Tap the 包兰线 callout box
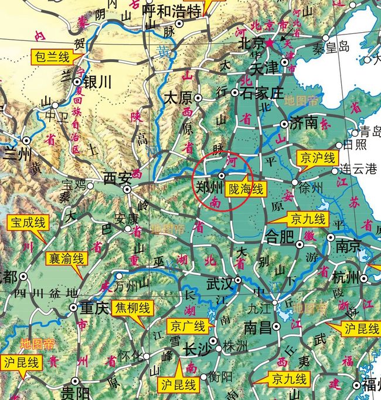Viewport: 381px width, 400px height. point(51,57)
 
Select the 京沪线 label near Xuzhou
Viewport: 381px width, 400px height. point(317,158)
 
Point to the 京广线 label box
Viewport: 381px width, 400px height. point(188,326)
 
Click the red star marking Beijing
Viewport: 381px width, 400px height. point(270,43)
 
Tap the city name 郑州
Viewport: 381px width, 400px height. point(209,188)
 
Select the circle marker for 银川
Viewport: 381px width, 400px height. point(77,82)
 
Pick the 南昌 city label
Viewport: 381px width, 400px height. point(258,326)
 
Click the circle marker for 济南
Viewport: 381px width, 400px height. point(284,124)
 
